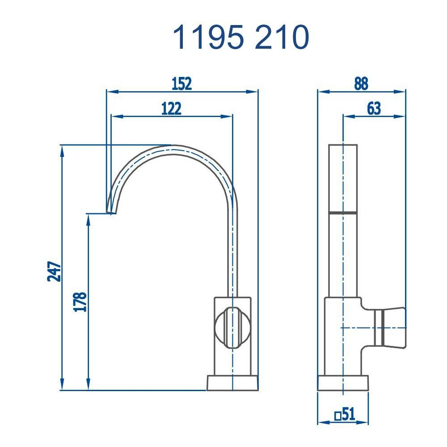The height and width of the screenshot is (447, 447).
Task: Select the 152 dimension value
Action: click(182, 84)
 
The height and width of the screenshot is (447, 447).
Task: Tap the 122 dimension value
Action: click(171, 109)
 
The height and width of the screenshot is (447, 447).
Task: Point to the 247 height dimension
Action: click(54, 271)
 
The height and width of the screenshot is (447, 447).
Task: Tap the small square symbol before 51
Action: click(338, 415)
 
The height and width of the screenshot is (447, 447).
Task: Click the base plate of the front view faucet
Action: click(232, 383)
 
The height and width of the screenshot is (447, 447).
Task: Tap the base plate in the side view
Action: click(343, 383)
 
